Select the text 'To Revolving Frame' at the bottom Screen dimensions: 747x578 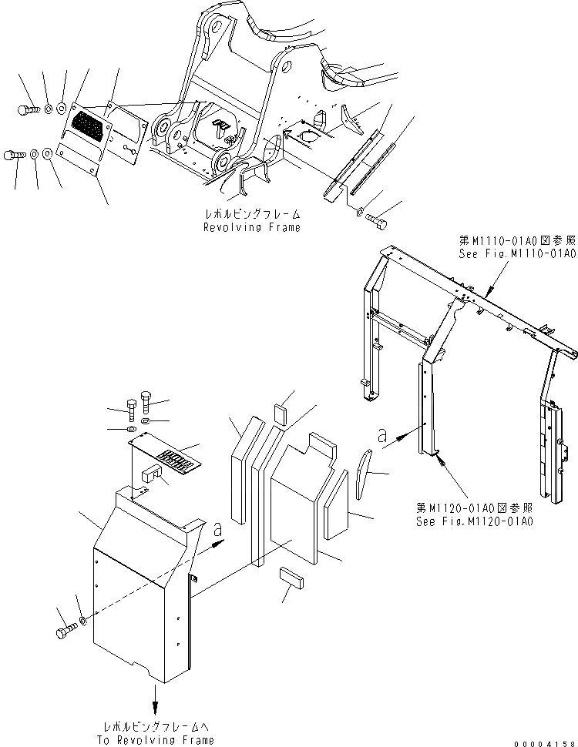point(157,740)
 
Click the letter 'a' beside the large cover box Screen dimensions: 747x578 point(220,531)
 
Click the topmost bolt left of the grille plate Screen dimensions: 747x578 point(25,109)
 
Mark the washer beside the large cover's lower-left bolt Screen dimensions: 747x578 point(82,620)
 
